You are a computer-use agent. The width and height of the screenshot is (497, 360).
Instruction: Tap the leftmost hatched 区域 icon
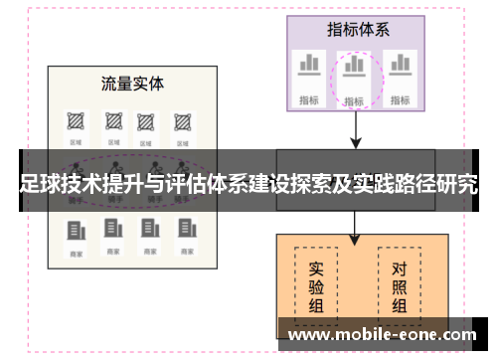(x=76, y=121)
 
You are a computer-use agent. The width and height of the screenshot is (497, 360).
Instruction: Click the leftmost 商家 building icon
(x=76, y=231)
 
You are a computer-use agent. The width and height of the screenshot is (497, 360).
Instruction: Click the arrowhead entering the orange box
(x=355, y=240)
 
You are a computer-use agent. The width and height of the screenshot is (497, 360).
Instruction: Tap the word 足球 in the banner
(x=39, y=185)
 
